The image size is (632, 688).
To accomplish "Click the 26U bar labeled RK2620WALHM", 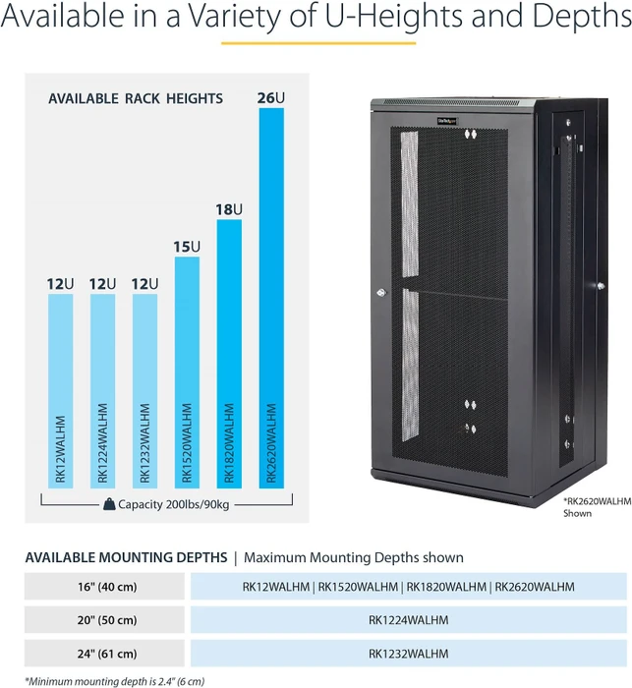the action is [271, 298].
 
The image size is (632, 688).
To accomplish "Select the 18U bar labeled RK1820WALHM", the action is [229, 354].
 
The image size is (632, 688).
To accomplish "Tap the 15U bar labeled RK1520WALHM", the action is [187, 373].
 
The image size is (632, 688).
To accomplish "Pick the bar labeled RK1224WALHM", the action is [102, 391].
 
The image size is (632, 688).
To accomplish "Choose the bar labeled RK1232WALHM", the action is [144, 391].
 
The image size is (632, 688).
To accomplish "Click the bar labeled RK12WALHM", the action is [61, 391].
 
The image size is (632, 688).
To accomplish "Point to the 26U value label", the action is [271, 98].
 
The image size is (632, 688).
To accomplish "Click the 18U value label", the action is [229, 209].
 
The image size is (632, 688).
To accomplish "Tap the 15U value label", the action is [187, 247].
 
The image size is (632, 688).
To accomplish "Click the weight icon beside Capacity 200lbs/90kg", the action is [109, 504].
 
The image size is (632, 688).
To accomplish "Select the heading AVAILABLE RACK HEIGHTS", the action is [136, 98].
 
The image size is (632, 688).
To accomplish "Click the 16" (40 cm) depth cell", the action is [104, 587].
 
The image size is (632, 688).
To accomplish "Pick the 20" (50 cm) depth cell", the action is [104, 620].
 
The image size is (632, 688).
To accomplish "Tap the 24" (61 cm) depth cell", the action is [104, 654].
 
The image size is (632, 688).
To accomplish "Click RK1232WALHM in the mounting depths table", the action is [409, 654].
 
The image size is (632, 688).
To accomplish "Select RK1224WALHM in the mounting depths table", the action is [409, 620].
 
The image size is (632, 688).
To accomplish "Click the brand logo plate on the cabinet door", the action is [447, 120].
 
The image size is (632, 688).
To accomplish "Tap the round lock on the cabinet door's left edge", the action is [381, 293].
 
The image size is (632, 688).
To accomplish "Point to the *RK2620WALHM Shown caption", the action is [598, 507].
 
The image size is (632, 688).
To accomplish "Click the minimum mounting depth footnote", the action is [115, 681].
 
